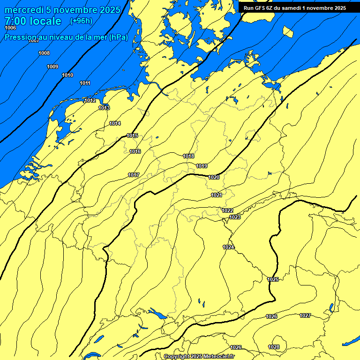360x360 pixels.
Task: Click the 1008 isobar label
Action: click(x=44, y=53)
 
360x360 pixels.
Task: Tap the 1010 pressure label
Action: click(x=67, y=75)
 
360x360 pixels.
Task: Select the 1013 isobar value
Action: click(x=104, y=108)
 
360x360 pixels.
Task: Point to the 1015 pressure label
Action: click(x=132, y=135)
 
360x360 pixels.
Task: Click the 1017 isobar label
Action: click(x=134, y=175)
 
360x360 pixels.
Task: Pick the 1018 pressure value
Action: click(x=188, y=156)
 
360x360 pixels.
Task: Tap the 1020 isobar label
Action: click(x=214, y=177)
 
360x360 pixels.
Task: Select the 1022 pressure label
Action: click(x=227, y=210)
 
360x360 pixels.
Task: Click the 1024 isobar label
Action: click(x=228, y=247)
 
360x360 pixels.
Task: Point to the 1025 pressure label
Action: click(x=273, y=279)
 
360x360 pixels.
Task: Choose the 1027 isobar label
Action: click(x=305, y=315)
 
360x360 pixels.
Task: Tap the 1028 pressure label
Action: click(x=274, y=347)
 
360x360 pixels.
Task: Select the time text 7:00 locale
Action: click(x=33, y=21)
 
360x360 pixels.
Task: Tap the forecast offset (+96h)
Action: click(x=81, y=21)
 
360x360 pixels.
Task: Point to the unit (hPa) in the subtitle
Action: click(x=118, y=37)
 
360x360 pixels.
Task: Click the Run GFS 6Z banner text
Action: click(x=294, y=8)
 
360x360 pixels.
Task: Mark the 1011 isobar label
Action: click(x=85, y=83)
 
